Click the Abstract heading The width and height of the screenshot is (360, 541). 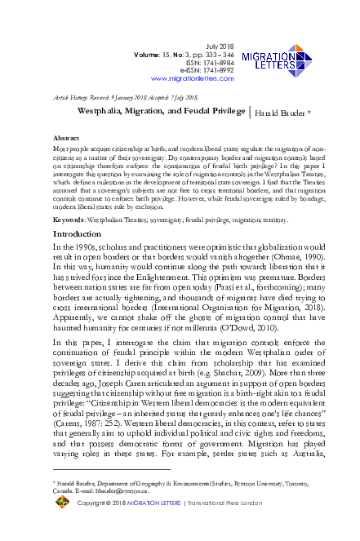[65, 139]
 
